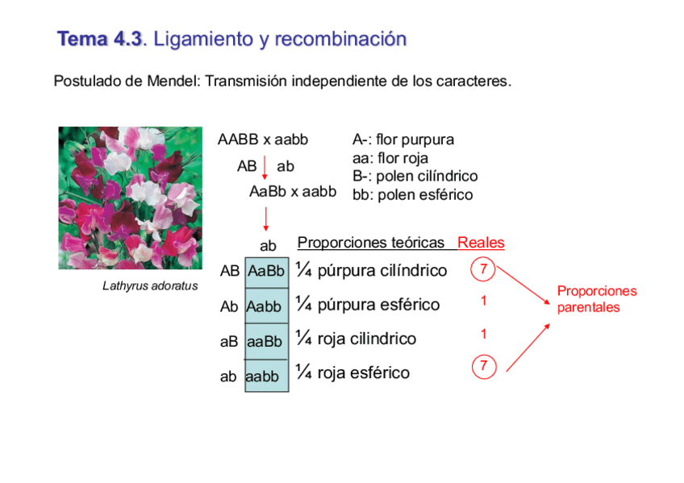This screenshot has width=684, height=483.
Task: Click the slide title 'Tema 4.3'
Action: (99, 39)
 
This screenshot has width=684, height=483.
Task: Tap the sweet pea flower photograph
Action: (130, 197)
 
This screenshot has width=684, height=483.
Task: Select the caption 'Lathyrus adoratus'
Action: (149, 285)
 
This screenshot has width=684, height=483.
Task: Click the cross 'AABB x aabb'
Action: (263, 139)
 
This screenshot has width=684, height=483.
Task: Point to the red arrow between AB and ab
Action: (265, 167)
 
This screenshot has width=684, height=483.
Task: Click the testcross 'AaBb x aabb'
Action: (292, 192)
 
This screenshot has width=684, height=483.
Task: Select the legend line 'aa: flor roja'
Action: (390, 158)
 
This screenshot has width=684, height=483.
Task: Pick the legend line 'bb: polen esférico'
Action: (412, 195)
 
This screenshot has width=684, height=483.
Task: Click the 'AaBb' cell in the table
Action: (265, 272)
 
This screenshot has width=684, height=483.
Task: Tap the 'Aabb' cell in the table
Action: (264, 307)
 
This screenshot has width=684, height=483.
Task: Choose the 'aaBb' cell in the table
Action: (264, 342)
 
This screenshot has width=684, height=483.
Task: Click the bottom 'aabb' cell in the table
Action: (262, 377)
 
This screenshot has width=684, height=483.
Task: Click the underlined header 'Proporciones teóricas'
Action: (371, 243)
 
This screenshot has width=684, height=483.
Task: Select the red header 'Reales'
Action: (481, 243)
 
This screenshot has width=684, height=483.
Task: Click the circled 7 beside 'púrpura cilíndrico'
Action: (482, 269)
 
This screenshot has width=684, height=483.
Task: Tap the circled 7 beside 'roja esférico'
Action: (482, 367)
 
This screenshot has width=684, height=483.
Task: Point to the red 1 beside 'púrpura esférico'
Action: (483, 301)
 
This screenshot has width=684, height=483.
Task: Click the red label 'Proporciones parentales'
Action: (596, 299)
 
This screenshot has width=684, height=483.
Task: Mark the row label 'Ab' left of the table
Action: (229, 307)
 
